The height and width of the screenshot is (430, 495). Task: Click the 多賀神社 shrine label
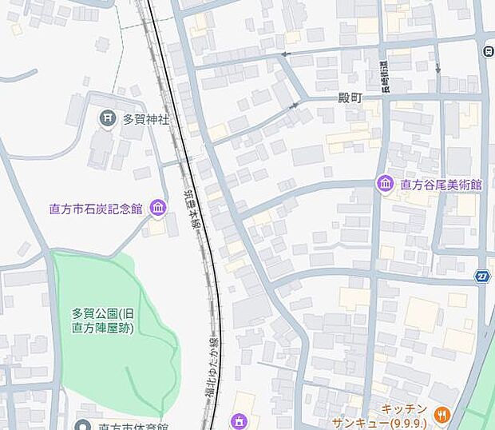146,120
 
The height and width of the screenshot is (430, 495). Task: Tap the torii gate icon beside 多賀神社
108,120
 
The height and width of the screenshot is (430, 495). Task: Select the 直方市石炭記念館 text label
95,209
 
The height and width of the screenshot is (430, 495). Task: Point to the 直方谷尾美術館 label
441,185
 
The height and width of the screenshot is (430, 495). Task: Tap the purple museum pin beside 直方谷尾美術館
385,185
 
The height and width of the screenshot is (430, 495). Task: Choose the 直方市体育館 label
129,426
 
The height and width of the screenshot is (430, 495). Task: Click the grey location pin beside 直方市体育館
82,425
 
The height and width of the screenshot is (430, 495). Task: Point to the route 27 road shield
482,276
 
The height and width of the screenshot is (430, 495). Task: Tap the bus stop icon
489,50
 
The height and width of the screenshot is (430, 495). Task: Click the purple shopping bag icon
239,421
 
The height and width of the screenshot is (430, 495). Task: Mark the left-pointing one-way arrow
284,54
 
